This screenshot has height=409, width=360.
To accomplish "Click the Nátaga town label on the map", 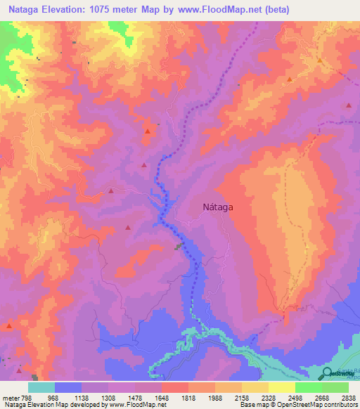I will (x=218, y=207).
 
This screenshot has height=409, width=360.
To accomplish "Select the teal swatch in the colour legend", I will (x=41, y=387).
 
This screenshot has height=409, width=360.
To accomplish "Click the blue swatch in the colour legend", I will (x=68, y=387).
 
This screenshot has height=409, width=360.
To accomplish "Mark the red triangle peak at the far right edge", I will (x=349, y=105).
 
